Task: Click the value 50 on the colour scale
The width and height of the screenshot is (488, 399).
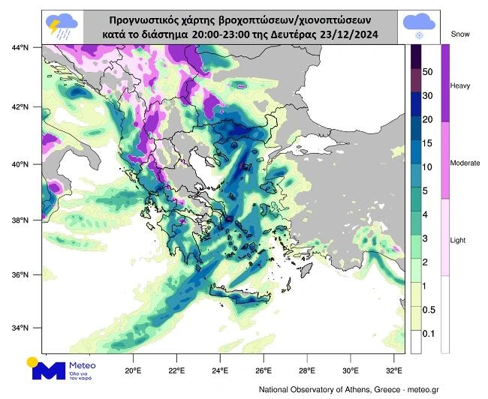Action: [428, 73]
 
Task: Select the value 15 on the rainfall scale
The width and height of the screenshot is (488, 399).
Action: [428, 142]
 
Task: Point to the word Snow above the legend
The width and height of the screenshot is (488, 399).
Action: [459, 34]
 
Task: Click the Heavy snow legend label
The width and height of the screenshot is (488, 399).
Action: [460, 85]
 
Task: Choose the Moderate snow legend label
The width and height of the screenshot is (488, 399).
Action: [464, 163]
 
